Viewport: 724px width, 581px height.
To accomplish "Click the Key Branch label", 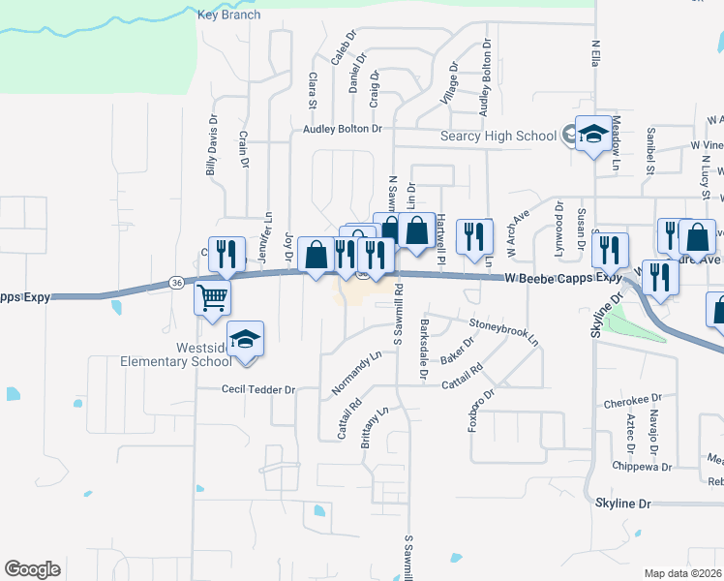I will (x=228, y=15).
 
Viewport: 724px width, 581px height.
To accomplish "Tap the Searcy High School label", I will (x=498, y=137).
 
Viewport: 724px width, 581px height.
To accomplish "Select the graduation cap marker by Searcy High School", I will (x=590, y=135).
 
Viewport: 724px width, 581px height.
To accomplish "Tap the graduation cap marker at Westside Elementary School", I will (x=246, y=340).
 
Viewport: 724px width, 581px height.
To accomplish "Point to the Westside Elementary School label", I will (x=175, y=353).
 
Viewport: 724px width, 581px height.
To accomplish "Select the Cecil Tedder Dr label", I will (x=257, y=389).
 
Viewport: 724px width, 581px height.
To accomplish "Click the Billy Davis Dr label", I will (x=211, y=148).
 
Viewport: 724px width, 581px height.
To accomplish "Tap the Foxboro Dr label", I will (x=482, y=409).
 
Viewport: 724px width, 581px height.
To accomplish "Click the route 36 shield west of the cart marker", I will (x=175, y=283).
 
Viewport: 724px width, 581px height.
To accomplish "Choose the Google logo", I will (x=32, y=569).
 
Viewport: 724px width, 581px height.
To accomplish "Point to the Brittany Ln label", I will (x=376, y=424).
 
